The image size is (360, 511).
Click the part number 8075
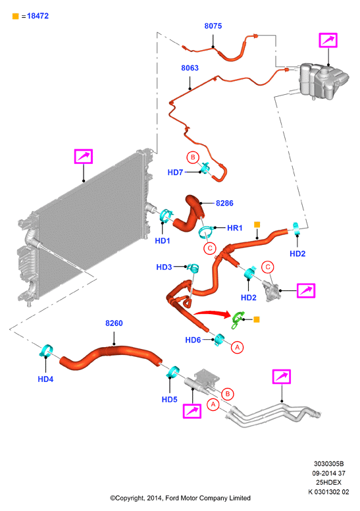[x=213, y=26]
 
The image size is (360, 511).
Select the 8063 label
[x=190, y=68]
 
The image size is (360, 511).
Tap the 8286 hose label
[x=224, y=203]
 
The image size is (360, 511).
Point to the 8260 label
[x=114, y=323]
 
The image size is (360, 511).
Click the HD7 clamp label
[x=175, y=173]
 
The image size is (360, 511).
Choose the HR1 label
[x=234, y=228]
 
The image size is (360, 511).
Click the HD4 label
[x=45, y=379]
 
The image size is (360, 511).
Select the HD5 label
[x=169, y=399]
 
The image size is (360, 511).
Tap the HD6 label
[x=193, y=340]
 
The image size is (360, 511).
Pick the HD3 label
[x=164, y=267]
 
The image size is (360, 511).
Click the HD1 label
[x=163, y=241]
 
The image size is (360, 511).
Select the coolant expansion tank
[x=323, y=81]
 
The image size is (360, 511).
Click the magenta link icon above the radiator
[x=84, y=157]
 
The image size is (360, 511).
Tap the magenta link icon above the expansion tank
[x=328, y=40]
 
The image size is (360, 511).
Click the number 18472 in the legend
[x=38, y=16]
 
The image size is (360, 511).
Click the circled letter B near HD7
[x=193, y=157]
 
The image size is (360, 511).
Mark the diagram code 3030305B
[x=328, y=464]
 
